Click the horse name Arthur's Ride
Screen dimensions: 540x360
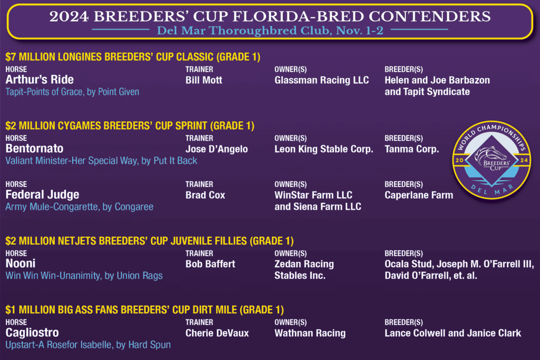[x=40, y=80]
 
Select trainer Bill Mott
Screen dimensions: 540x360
[x=204, y=80]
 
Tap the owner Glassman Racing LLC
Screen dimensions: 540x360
[x=322, y=80]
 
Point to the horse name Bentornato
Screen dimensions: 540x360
[x=34, y=149]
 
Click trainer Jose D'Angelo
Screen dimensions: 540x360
[x=217, y=149]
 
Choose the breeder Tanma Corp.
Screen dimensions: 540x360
[x=412, y=149]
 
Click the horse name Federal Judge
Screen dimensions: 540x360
[x=42, y=195]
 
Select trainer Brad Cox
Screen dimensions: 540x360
[x=205, y=195]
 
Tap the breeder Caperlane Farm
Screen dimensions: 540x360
[x=419, y=195]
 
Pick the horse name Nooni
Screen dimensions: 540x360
[x=21, y=264]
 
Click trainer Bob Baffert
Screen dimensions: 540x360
[x=210, y=264]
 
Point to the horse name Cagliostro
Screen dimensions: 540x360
[x=32, y=333]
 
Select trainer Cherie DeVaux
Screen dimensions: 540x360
[x=217, y=333]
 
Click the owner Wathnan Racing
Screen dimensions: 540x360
[x=310, y=333]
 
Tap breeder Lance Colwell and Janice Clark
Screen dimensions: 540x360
[x=453, y=333]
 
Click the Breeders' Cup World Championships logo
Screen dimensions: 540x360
[x=492, y=160]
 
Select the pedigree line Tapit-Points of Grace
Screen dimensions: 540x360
[x=72, y=92]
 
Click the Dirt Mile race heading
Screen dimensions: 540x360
[x=144, y=310]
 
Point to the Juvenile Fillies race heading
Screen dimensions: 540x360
[x=149, y=241]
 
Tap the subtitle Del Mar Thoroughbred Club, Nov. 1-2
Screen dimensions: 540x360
[x=270, y=31]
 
